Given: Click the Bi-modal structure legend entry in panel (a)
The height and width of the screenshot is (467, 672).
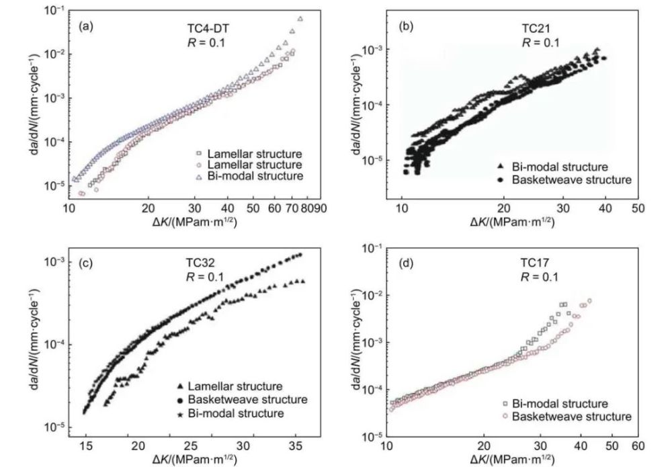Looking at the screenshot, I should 255,176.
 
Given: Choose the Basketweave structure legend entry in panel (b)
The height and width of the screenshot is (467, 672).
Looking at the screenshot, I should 571,179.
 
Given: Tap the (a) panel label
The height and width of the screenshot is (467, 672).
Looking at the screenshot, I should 85,27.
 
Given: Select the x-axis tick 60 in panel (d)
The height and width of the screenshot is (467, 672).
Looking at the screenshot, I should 638,445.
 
